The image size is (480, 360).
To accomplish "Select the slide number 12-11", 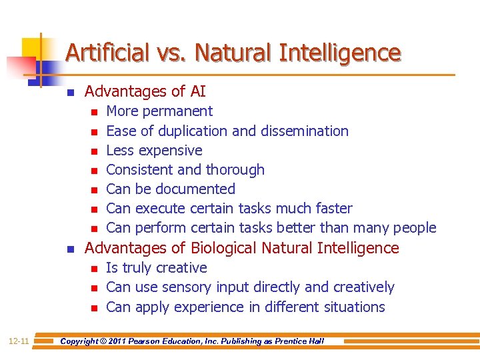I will coord(18,341).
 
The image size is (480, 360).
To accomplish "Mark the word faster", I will coord(331,209).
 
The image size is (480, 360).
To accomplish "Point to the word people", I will coord(415,228).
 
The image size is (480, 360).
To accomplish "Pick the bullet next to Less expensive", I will coord(94,151).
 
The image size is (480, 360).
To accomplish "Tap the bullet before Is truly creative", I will coord(94,269).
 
